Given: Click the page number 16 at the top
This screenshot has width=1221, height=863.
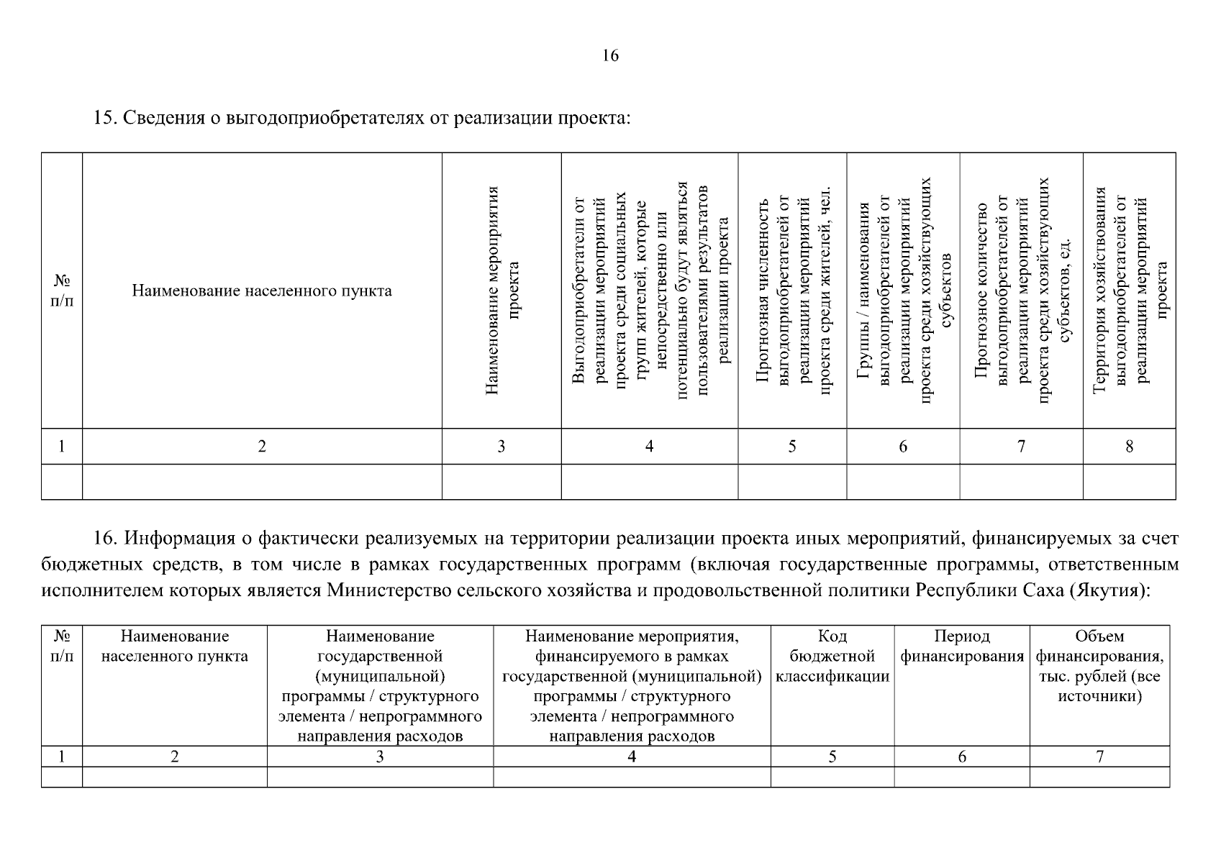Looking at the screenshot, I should [610, 56].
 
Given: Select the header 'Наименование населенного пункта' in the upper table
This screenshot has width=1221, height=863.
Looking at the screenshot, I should [262, 291].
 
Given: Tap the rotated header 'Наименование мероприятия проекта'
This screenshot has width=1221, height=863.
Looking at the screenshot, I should [502, 291].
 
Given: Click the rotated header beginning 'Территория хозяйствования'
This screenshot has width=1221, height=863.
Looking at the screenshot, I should [1130, 291].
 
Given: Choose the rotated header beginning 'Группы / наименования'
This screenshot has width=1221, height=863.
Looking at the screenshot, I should [904, 291].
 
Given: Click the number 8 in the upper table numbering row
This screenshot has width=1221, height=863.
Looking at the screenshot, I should [1130, 447].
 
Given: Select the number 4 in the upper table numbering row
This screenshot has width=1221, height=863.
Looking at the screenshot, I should [649, 447].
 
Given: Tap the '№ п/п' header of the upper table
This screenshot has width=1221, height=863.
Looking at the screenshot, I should [62, 291].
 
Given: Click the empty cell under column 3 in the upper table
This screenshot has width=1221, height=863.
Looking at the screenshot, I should [501, 482].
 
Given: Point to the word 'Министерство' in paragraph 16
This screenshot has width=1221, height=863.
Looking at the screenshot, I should [388, 591].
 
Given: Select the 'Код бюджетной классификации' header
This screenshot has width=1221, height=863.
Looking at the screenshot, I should [832, 656].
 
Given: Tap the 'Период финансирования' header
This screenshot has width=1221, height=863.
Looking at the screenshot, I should [962, 646].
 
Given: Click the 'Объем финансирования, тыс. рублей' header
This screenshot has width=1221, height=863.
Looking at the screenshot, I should [1099, 666].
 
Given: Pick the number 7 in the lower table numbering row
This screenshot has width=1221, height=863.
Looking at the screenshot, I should [1099, 757].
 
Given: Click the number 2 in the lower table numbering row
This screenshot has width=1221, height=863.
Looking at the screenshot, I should [174, 757].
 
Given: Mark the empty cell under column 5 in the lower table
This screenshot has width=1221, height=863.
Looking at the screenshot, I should [832, 777].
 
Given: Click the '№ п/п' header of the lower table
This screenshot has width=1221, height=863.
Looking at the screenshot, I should [62, 646].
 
